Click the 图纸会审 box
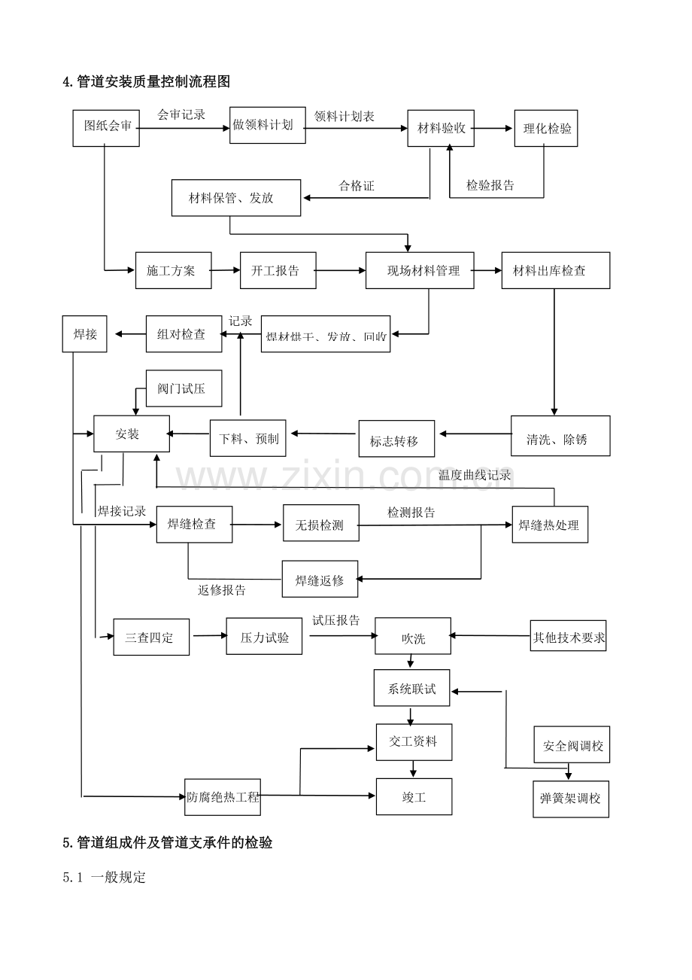tap(106, 127)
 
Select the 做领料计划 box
tap(267, 125)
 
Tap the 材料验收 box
tap(441, 128)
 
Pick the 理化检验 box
tap(545, 128)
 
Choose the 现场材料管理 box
tap(420, 270)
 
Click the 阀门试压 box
tap(184, 388)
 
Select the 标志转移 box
tap(396, 439)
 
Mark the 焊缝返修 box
tap(320, 580)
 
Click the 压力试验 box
tap(264, 637)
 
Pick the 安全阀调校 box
tap(572, 745)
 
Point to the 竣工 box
tap(414, 796)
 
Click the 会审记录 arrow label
tap(181, 115)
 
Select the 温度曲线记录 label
tap(475, 475)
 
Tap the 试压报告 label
tap(336, 621)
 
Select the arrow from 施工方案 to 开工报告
tap(226, 270)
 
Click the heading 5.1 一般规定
tap(105, 878)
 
